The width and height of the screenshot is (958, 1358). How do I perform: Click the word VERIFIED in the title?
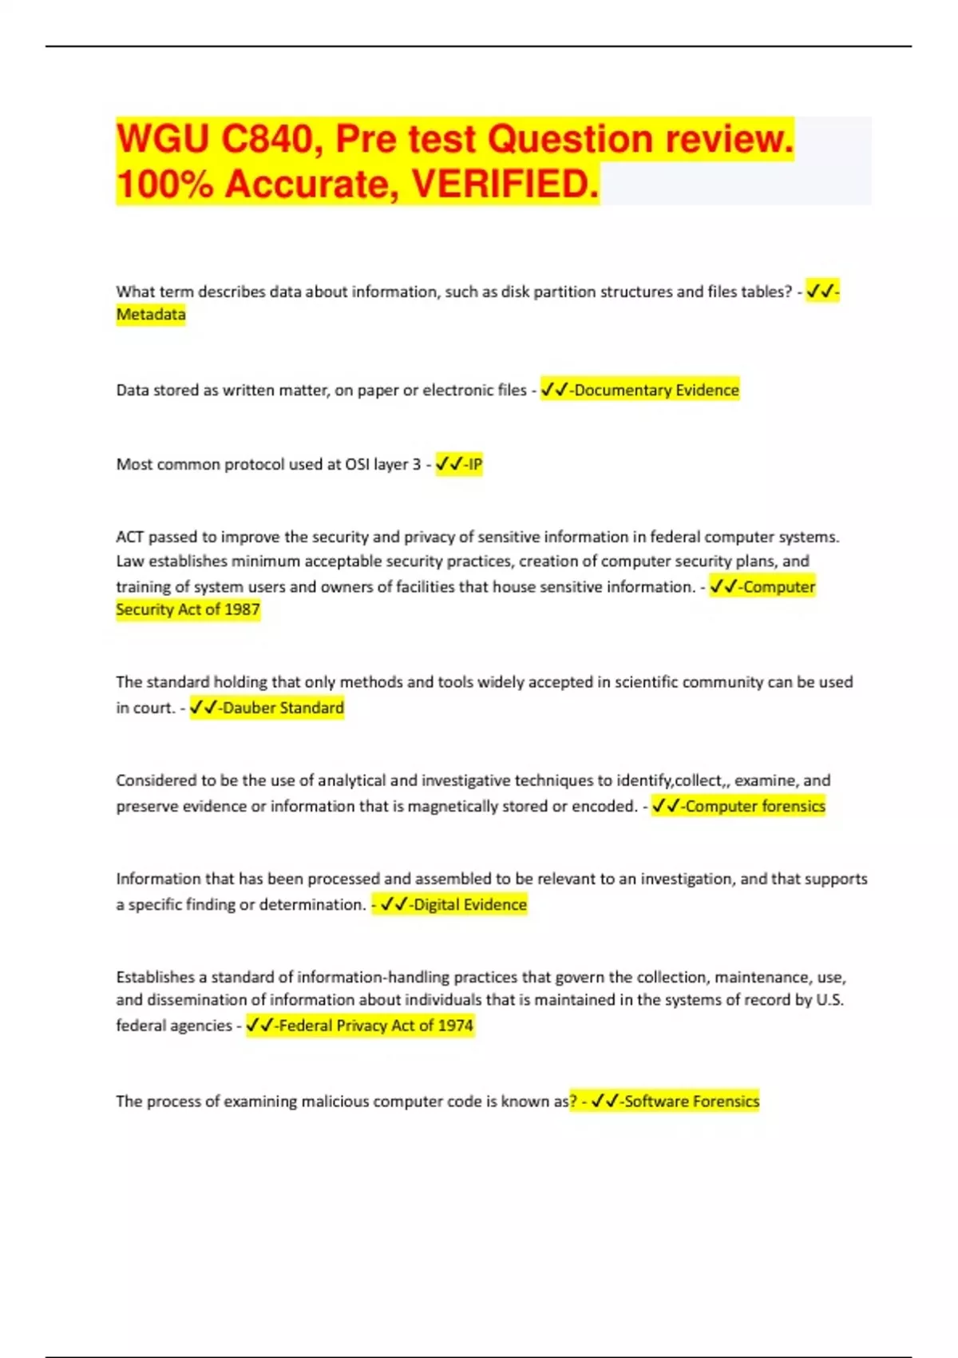pos(504,185)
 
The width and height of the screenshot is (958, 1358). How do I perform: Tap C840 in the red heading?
pos(267,139)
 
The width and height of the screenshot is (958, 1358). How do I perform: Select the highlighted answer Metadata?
pos(151,315)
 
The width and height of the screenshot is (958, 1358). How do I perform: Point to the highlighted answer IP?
pos(475,464)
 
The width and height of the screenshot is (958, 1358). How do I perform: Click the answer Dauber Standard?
pos(283,708)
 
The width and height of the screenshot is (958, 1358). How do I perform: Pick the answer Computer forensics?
pos(754,806)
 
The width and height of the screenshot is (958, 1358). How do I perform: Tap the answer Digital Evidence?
pos(469,904)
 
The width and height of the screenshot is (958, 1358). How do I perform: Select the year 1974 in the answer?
pos(455,1025)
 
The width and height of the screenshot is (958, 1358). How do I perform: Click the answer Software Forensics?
pos(691,1101)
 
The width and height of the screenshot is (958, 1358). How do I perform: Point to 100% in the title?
pos(165,185)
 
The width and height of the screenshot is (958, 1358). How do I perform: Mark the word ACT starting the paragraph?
pos(130,537)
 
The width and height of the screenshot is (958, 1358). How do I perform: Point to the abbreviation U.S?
pos(829,1000)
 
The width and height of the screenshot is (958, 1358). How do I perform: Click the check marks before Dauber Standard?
pos(204,708)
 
